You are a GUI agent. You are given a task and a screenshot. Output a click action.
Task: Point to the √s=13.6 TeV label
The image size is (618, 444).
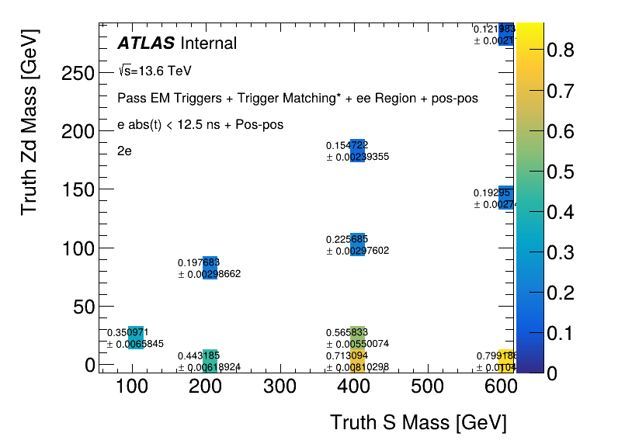(x=155, y=71)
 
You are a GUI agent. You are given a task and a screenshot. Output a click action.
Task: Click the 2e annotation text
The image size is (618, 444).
(x=125, y=151)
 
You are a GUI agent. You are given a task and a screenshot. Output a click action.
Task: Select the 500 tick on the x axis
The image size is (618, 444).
(x=425, y=387)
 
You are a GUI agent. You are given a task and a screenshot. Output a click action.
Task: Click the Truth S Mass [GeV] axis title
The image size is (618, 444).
(x=418, y=423)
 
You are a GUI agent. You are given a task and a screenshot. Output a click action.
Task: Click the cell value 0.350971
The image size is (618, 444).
(x=127, y=332)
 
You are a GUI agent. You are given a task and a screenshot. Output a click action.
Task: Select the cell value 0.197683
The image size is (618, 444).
(x=199, y=263)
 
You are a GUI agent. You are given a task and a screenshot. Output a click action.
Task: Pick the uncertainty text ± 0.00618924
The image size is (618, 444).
(x=209, y=367)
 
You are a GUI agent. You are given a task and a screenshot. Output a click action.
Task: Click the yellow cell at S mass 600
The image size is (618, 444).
(x=506, y=361)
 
